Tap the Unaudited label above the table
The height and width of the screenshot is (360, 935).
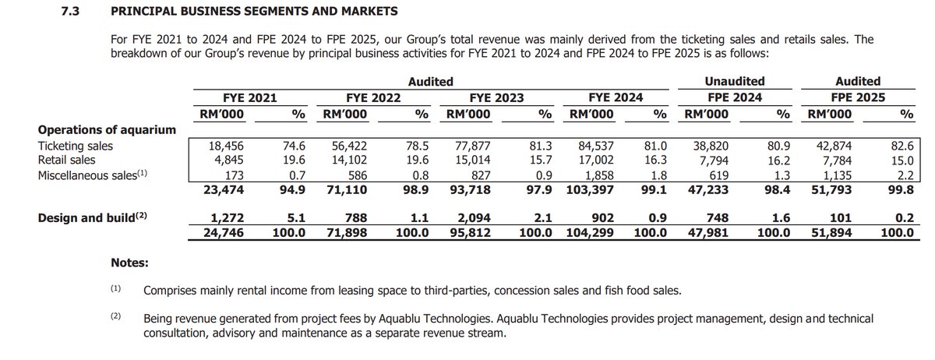pos(734,81)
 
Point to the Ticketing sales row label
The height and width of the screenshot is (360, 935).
pos(75,146)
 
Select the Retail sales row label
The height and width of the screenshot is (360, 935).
pos(66,161)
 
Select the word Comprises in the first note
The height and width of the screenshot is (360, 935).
pos(173,291)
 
